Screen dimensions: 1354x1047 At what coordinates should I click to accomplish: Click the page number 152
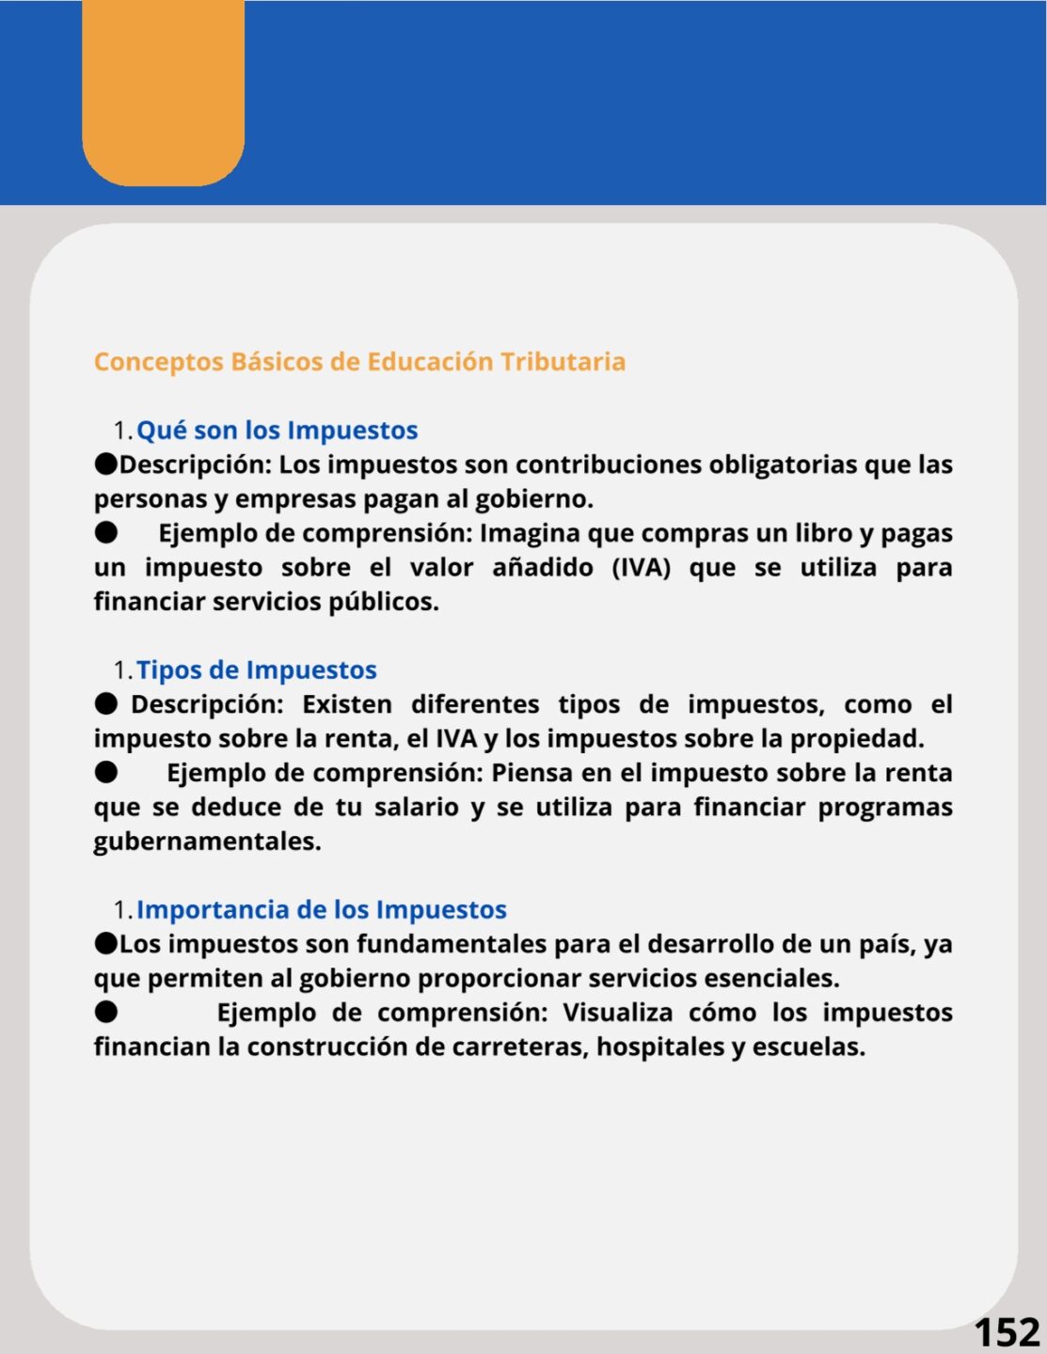[x=1006, y=1332]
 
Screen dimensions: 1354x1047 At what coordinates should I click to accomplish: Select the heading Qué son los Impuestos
[x=277, y=431]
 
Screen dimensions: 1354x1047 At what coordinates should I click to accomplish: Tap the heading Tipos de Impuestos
[x=256, y=670]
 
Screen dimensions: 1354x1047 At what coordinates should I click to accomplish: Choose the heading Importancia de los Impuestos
[x=321, y=910]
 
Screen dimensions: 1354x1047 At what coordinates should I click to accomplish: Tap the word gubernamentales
[x=207, y=842]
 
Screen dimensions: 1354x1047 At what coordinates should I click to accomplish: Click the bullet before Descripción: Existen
[x=106, y=704]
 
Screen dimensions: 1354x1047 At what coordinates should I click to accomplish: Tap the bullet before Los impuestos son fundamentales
[x=106, y=943]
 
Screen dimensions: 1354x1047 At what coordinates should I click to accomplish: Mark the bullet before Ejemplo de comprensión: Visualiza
[x=106, y=1012]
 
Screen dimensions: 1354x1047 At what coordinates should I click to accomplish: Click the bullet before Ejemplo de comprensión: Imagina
[x=106, y=533]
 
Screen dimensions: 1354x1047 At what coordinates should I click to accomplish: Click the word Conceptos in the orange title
[x=158, y=362]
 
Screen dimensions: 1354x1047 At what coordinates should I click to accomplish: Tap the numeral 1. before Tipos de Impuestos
[x=122, y=671]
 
